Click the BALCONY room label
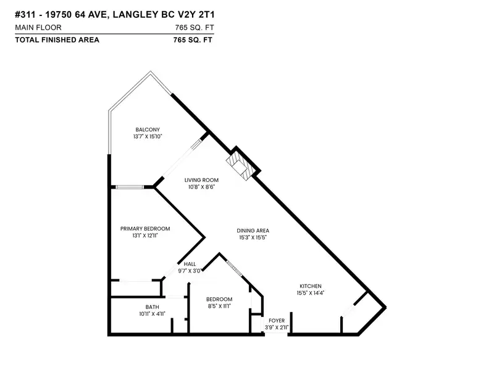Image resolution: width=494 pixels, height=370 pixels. coord(148,129)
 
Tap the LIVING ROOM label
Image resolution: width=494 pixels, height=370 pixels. coord(201,180)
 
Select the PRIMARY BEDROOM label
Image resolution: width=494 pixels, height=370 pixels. coord(145,229)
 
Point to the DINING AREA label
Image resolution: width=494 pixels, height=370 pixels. coord(253,231)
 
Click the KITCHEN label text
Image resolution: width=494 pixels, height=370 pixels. coord(311,286)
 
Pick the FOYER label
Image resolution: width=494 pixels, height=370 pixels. coord(277,321)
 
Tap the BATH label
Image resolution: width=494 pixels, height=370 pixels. coord(152,307)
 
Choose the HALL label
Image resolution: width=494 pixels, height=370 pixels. coord(190,264)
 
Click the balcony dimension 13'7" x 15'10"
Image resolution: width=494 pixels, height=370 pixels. coord(148,136)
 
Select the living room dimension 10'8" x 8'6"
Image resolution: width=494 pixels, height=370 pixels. coord(201,187)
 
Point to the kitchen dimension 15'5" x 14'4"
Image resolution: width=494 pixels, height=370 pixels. coord(311,293)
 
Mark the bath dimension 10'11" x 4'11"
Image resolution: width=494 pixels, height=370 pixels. coord(152,314)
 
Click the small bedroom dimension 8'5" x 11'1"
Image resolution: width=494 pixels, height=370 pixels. coord(219,306)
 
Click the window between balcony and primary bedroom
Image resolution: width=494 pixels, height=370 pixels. coord(129,187)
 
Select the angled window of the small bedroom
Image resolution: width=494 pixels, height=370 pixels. coord(234,268)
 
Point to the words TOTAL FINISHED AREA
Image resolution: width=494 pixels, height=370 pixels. coord(57,40)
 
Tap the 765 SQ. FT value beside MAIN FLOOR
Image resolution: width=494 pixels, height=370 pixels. coord(195,28)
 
